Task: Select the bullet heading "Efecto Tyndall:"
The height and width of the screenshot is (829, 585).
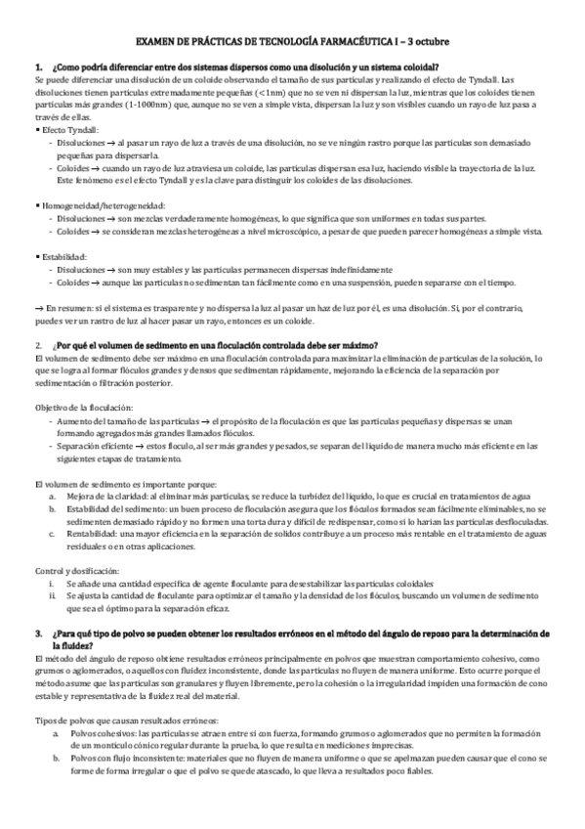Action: click(70, 129)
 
